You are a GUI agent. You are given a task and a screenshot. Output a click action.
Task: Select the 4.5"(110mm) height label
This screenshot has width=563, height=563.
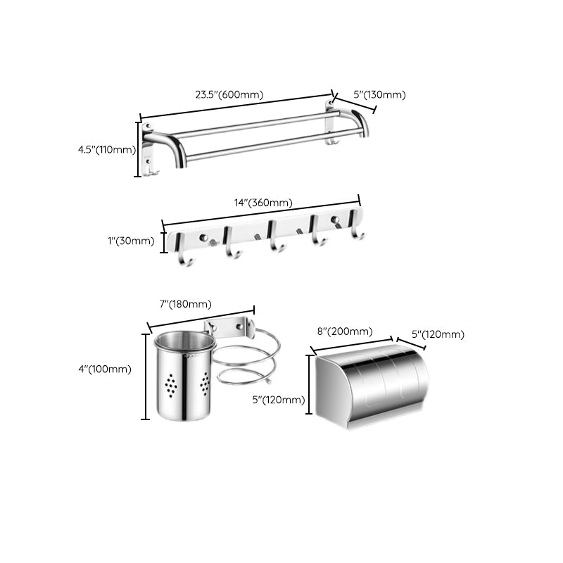(106, 149)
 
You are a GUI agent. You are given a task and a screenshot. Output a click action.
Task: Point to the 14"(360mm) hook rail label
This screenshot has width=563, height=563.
(262, 203)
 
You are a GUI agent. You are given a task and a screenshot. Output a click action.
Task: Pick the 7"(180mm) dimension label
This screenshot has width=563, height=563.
(185, 304)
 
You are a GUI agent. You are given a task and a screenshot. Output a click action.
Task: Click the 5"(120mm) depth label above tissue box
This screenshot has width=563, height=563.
(437, 334)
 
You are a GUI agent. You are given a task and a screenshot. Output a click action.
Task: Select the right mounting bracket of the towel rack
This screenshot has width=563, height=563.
(331, 123)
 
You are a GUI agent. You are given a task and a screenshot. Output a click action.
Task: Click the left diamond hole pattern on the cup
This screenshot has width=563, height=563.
(171, 385)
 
